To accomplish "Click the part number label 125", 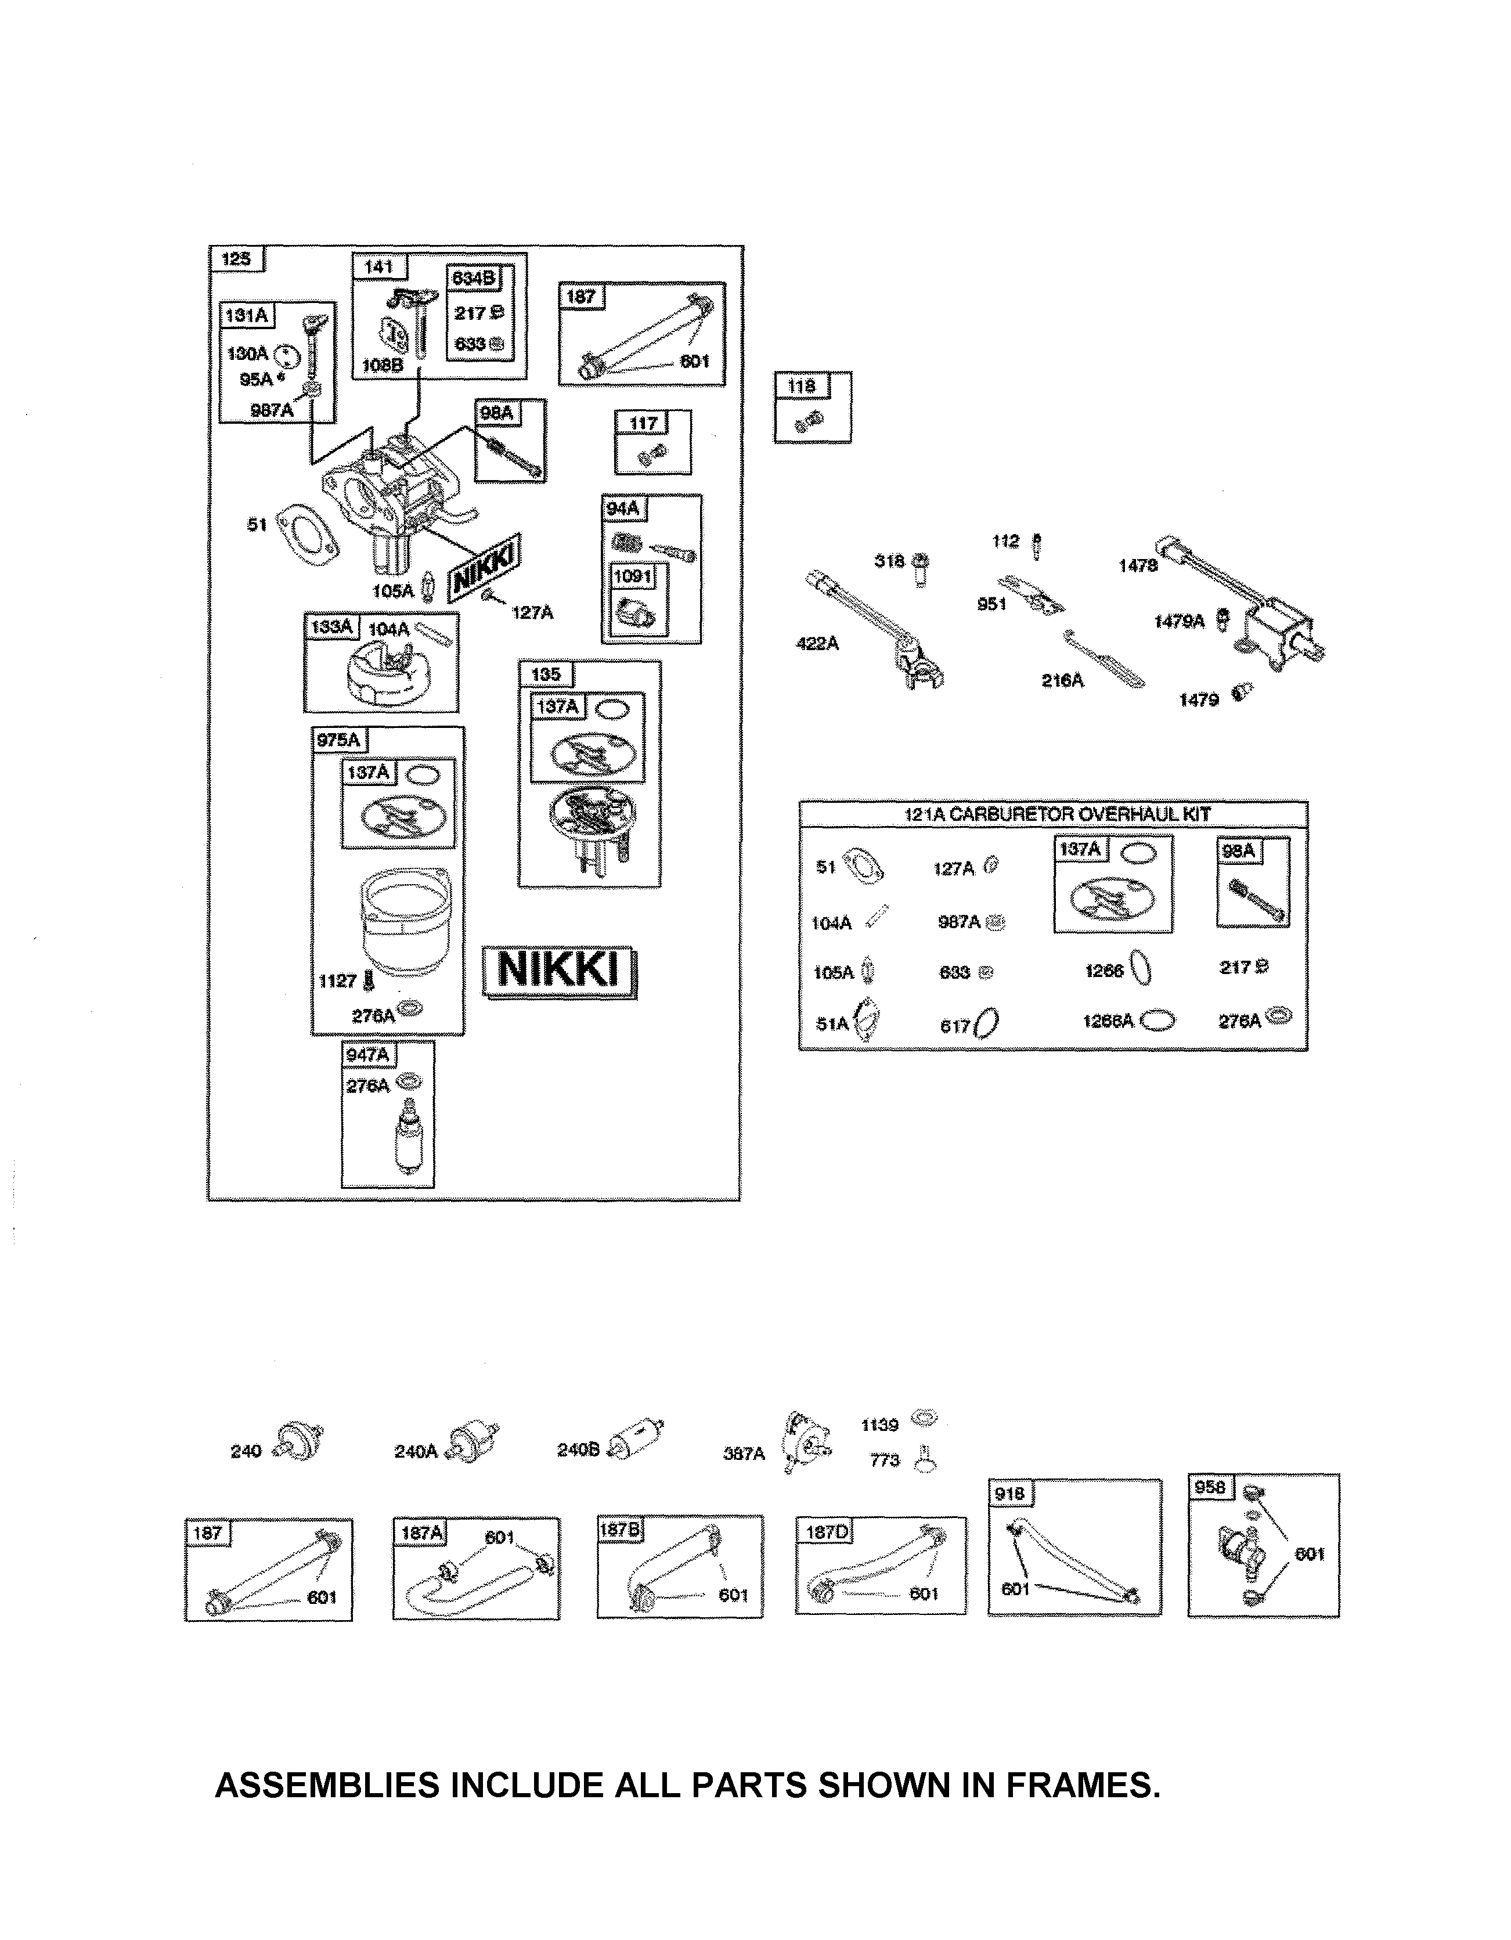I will (x=236, y=259).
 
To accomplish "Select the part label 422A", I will (x=817, y=643).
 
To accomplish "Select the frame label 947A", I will (x=368, y=1054).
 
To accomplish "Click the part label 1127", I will (x=338, y=980).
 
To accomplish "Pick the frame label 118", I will (x=801, y=387).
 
